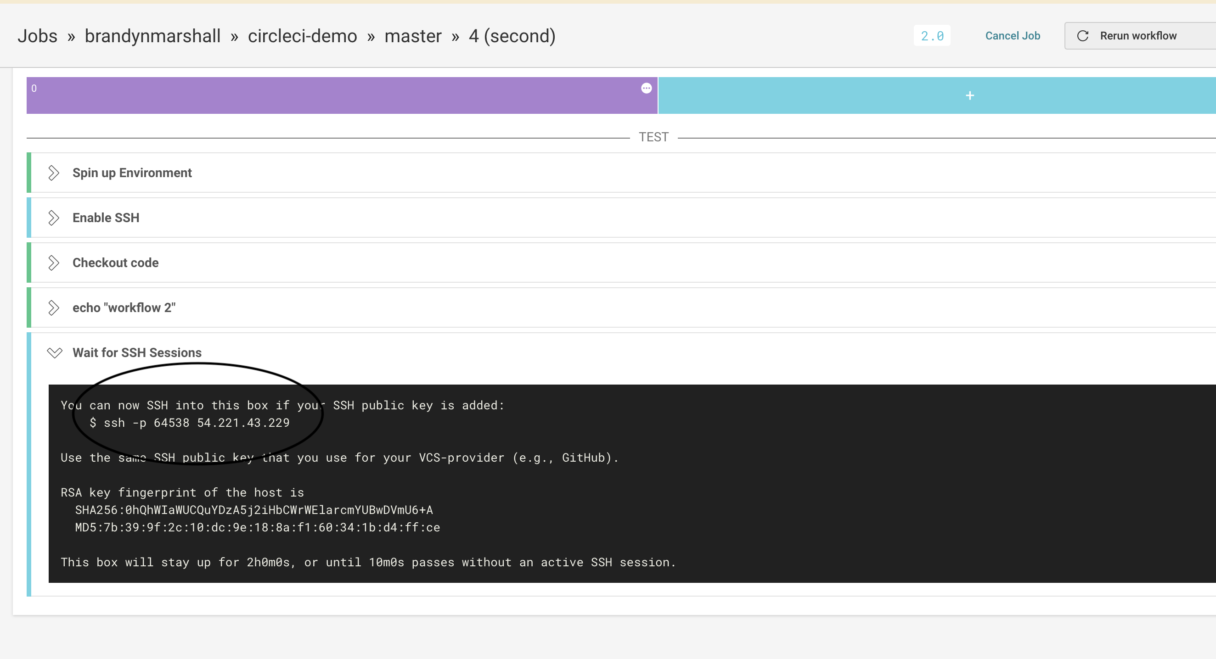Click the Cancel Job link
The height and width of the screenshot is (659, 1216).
point(1013,36)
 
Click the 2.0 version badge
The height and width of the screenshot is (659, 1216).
point(932,36)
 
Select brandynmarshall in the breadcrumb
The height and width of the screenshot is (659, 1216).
point(152,36)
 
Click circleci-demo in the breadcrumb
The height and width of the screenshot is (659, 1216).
point(303,36)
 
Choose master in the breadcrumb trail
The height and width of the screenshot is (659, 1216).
point(413,36)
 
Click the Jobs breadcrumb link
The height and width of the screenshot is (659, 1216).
point(37,36)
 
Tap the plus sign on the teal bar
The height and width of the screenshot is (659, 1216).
point(970,96)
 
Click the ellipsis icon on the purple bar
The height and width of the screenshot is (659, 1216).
point(646,88)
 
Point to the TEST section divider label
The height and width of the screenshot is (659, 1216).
point(654,137)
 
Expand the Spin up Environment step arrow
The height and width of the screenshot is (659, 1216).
point(54,173)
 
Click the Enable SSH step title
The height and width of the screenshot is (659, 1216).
point(106,218)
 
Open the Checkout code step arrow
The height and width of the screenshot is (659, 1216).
point(54,263)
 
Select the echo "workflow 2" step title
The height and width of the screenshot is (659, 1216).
point(124,308)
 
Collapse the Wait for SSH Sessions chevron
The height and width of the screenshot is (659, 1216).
point(55,353)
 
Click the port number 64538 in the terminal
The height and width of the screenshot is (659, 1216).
point(171,423)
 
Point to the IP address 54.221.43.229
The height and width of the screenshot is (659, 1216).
point(243,423)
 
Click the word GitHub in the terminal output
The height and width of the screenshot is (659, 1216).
point(584,458)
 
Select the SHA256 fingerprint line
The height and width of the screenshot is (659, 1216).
point(254,510)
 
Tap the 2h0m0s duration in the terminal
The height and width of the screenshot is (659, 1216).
point(268,563)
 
